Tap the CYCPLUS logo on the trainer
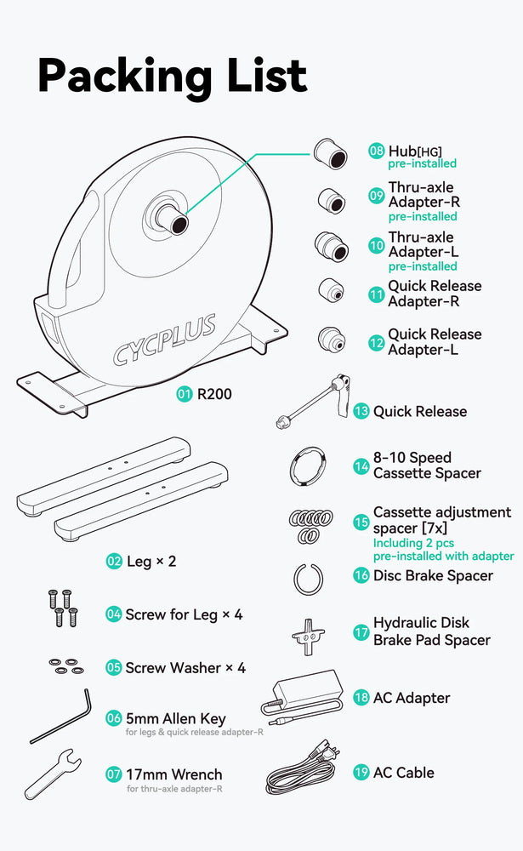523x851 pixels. (164, 340)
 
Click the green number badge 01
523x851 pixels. (185, 393)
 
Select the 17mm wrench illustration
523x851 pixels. (53, 774)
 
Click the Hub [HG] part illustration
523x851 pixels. (330, 153)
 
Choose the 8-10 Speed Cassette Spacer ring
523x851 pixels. (308, 466)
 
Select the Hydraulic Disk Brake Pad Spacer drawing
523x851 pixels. (308, 636)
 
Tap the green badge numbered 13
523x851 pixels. (361, 411)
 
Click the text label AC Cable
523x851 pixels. (404, 773)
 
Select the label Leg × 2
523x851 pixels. (151, 561)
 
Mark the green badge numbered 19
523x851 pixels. (361, 773)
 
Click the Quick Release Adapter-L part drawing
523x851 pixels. (331, 340)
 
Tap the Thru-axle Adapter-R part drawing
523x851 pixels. (331, 202)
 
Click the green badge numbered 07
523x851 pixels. (113, 774)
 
